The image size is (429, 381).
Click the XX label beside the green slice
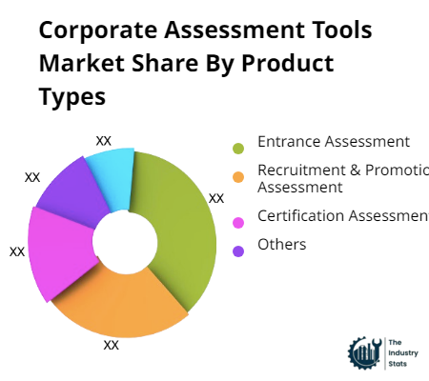[216, 198]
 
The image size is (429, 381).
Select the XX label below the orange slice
[111, 345]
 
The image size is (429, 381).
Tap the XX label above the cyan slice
[104, 140]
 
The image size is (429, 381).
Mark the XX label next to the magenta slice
[17, 251]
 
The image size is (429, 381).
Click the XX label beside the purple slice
[32, 177]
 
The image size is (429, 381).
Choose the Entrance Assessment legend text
[334, 142]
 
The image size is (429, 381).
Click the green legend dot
[238, 148]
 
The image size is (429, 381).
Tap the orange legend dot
[238, 176]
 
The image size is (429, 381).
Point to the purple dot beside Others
[238, 251]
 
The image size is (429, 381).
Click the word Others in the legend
[282, 245]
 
